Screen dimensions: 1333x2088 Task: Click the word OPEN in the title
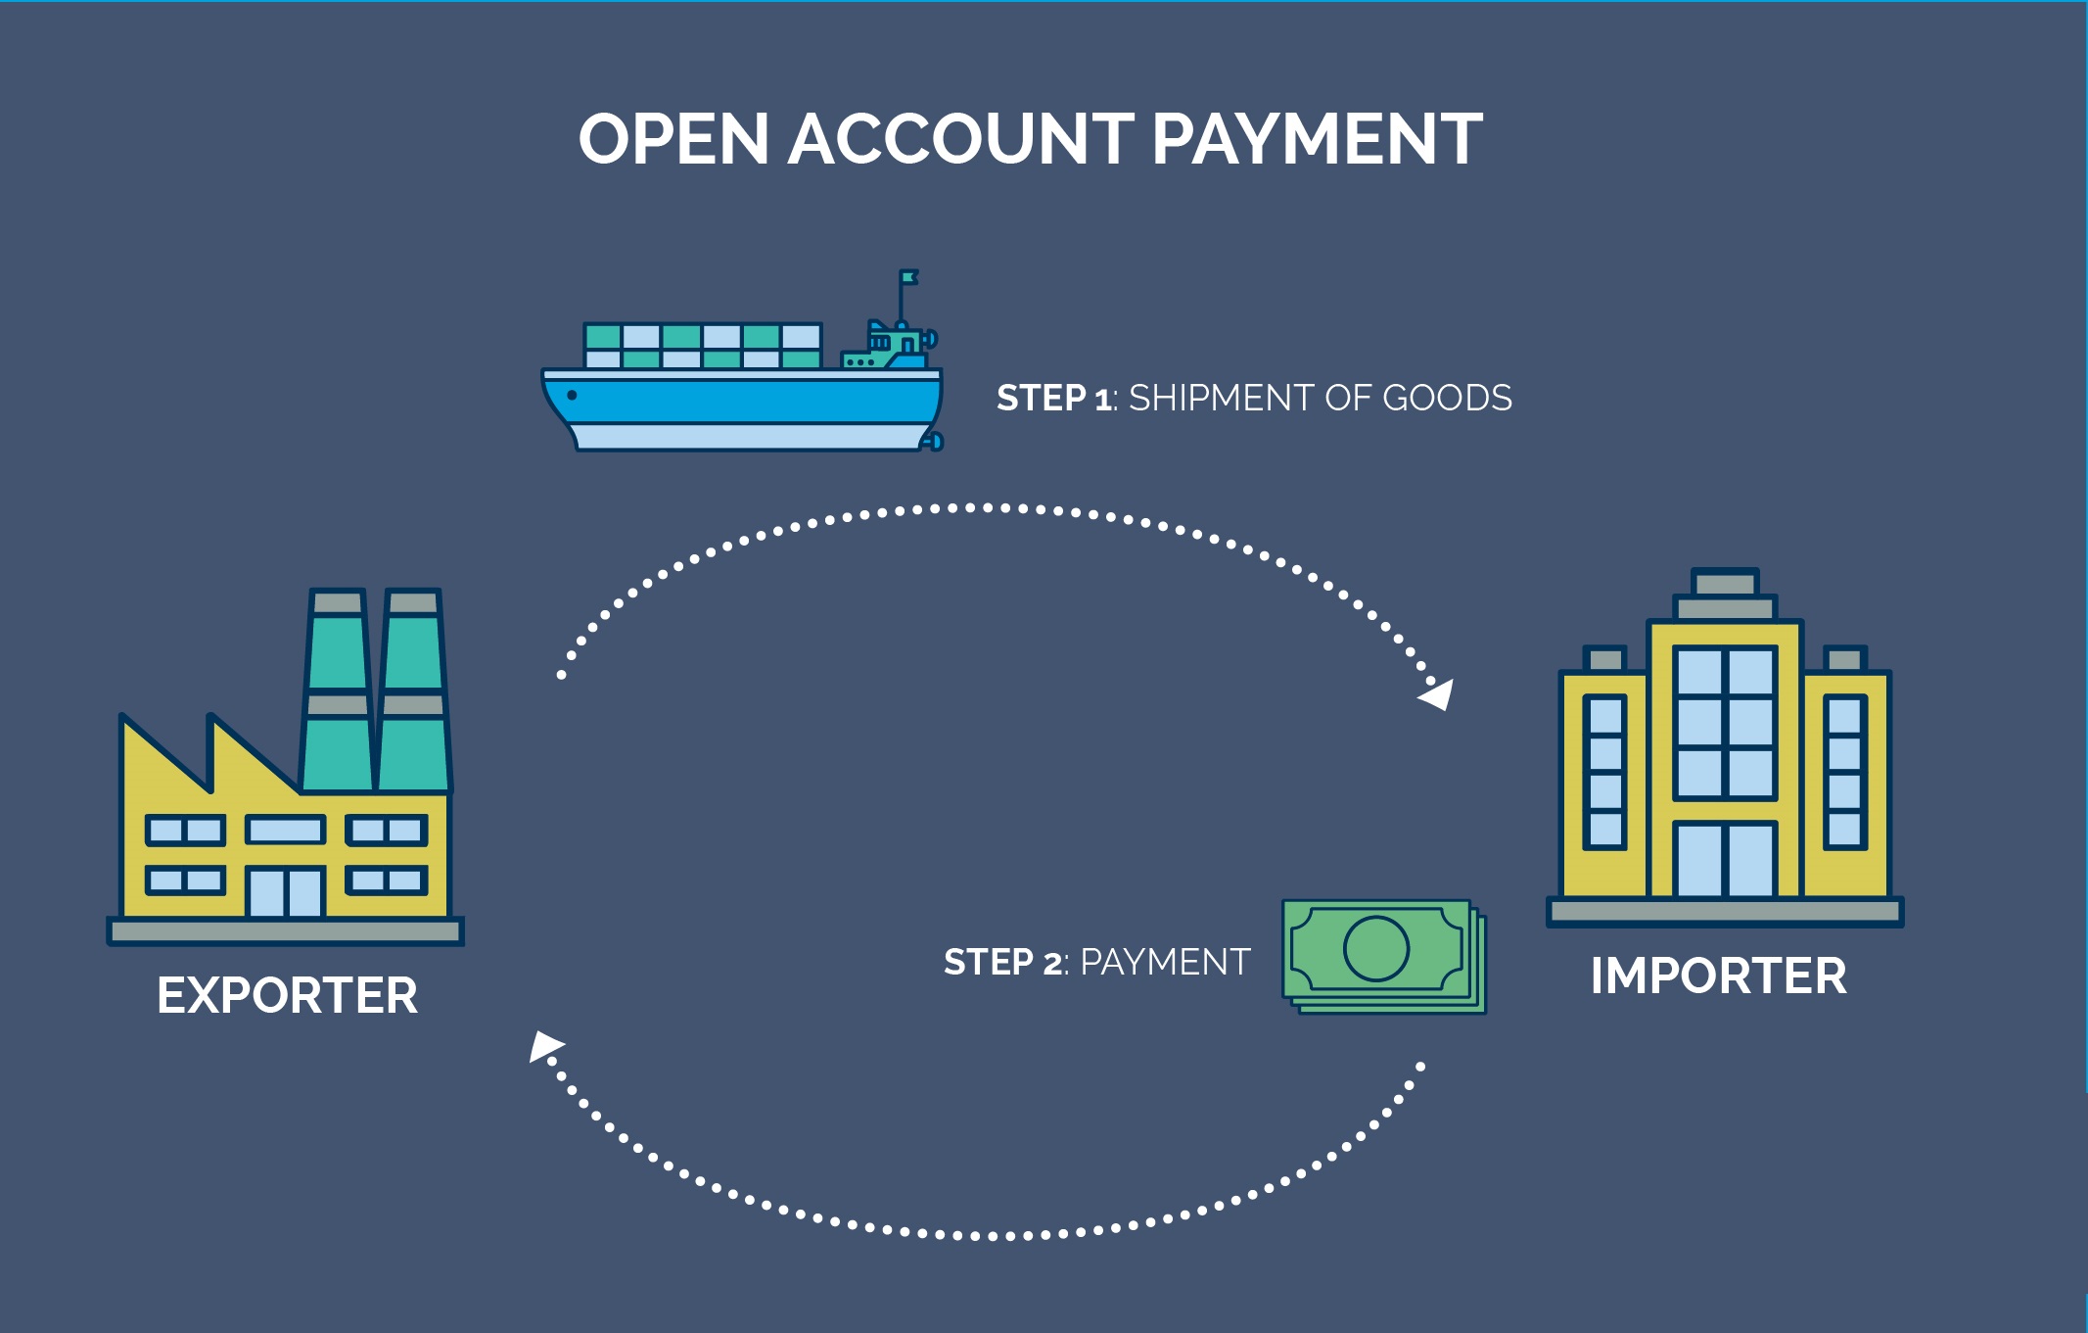pos(673,139)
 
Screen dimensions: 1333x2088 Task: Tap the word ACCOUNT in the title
pos(960,139)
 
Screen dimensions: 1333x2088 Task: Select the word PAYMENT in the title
pos(1317,139)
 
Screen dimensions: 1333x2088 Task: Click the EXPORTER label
pos(287,996)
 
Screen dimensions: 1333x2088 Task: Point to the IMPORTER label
pos(1718,976)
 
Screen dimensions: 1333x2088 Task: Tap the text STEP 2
pos(1002,963)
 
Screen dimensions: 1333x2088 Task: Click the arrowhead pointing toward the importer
pos(1438,694)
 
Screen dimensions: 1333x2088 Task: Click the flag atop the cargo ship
pos(909,277)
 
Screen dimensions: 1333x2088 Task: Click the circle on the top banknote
pos(1375,948)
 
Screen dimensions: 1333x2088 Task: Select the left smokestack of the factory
pos(338,690)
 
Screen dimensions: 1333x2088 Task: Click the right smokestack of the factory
pos(413,690)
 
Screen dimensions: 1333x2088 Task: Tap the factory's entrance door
pos(285,892)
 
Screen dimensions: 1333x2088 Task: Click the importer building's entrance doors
pos(1724,860)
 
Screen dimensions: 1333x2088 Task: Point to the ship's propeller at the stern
pos(934,442)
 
